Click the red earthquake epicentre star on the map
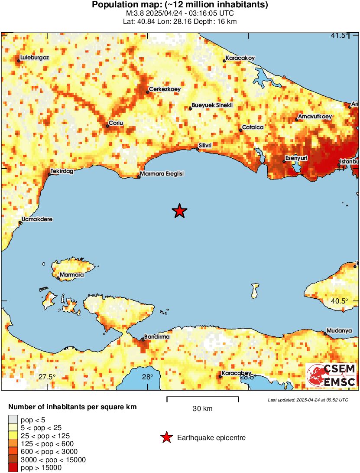coord(179,211)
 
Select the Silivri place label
coord(205,145)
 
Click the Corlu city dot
coord(107,126)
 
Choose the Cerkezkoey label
coord(165,90)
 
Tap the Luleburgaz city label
coord(35,57)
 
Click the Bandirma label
coord(157,336)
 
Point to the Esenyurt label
coord(296,158)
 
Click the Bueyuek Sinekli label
coord(213,106)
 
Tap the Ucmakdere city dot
coord(20,223)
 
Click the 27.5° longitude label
coord(47,377)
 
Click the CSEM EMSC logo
coord(332,375)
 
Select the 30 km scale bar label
coord(202,408)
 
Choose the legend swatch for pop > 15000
coord(13,468)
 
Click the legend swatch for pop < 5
coord(13,419)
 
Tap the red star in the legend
coord(166,438)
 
